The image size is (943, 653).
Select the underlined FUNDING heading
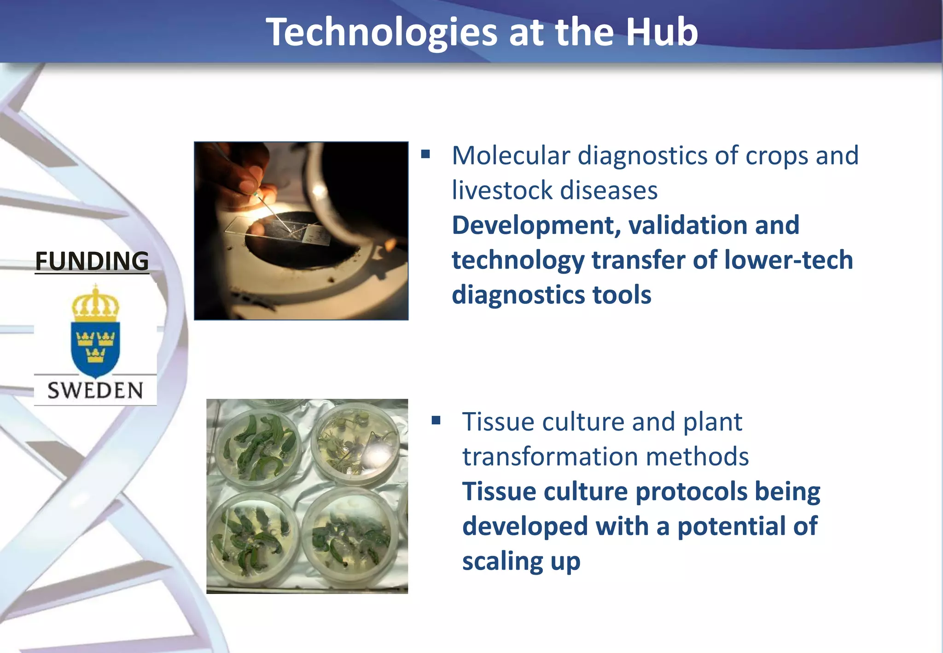point(92,261)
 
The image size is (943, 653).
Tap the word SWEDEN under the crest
point(95,391)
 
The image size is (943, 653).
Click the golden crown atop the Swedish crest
point(95,304)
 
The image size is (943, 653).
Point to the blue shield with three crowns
point(95,347)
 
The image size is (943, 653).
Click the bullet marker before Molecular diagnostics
point(425,154)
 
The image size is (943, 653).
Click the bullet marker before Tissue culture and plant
point(436,420)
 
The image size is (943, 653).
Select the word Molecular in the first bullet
point(511,156)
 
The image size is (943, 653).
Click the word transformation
point(550,457)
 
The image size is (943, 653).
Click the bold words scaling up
point(521,561)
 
